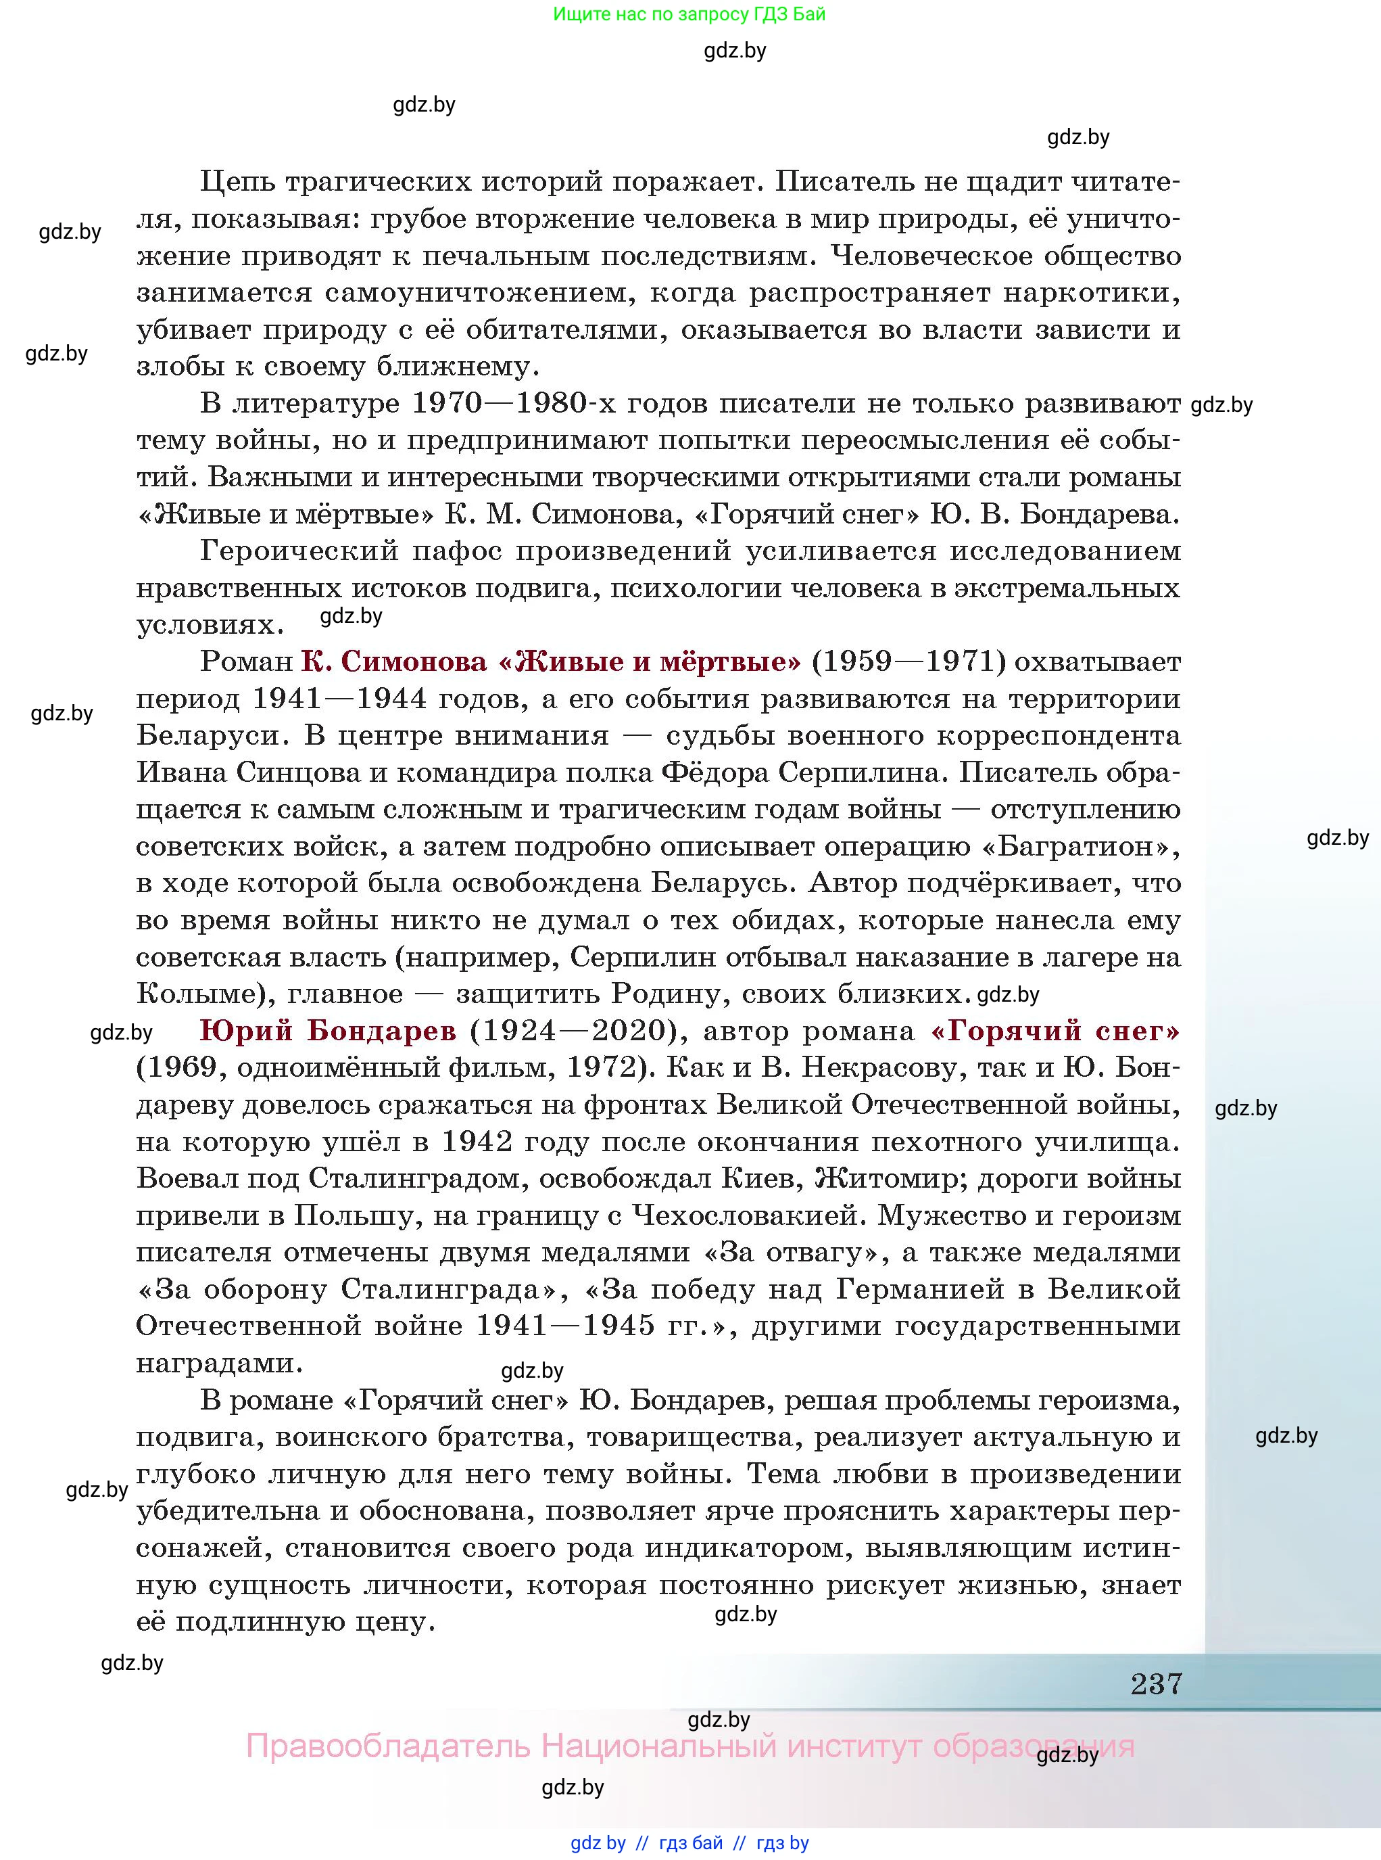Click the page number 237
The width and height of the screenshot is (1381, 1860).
coord(1156,1682)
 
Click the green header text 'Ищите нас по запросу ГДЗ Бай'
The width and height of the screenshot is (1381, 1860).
coord(689,14)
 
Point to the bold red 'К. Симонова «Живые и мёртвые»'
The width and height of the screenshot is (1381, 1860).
coord(550,661)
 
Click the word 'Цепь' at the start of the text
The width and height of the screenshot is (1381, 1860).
coord(236,181)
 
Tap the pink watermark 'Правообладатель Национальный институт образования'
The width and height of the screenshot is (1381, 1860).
coord(689,1747)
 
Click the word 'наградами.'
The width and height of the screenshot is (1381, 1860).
coord(219,1364)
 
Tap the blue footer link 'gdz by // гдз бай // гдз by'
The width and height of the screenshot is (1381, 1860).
coord(689,1843)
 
